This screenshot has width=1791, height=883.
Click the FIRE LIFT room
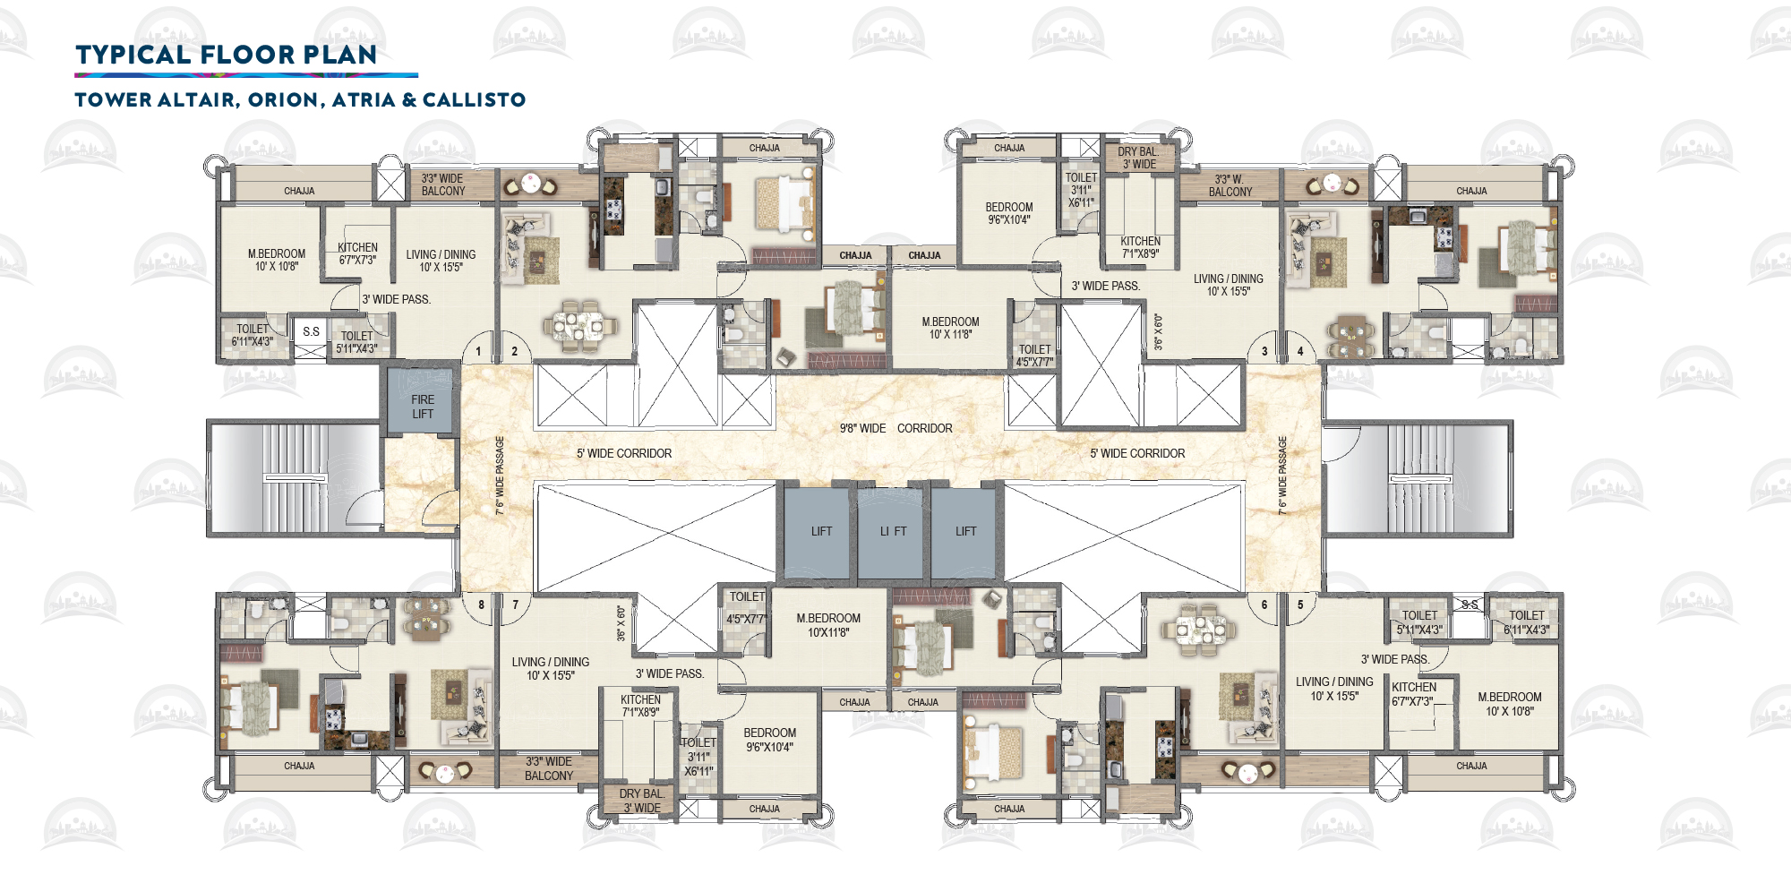[x=422, y=407]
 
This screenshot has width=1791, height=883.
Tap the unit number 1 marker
[x=478, y=351]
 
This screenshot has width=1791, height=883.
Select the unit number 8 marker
[x=481, y=605]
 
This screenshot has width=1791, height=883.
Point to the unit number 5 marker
[x=1300, y=605]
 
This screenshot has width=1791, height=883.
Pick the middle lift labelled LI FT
[x=893, y=531]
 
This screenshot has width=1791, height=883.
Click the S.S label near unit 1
[x=311, y=331]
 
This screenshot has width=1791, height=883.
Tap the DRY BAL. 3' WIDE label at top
[x=1138, y=158]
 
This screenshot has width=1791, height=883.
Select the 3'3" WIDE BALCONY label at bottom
[x=548, y=768]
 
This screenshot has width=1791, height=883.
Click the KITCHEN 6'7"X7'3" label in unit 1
[x=357, y=253]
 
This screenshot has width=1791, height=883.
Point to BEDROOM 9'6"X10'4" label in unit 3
[x=1009, y=213]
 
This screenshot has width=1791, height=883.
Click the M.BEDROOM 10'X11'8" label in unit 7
[x=828, y=625]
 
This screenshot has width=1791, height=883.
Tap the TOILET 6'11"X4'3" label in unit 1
[x=253, y=335]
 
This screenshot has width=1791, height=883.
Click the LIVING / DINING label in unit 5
[x=1333, y=688]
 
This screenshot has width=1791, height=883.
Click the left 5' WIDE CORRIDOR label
[x=623, y=453]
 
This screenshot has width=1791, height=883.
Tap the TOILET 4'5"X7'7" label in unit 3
[x=1034, y=356]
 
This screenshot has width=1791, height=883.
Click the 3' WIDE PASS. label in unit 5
[x=1394, y=659]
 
